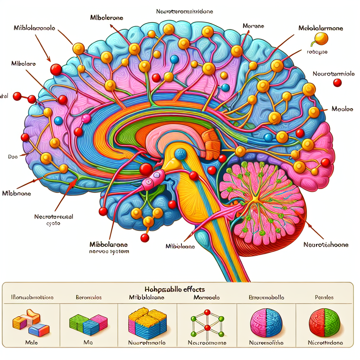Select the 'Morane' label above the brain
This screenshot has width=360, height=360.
tap(253, 26)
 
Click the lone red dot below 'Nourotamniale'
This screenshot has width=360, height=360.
tap(337, 83)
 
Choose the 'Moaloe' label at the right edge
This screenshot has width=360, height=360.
tap(342, 109)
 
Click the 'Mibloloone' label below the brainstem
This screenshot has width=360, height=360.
tap(180, 247)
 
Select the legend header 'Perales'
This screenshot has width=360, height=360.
tap(324, 297)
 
